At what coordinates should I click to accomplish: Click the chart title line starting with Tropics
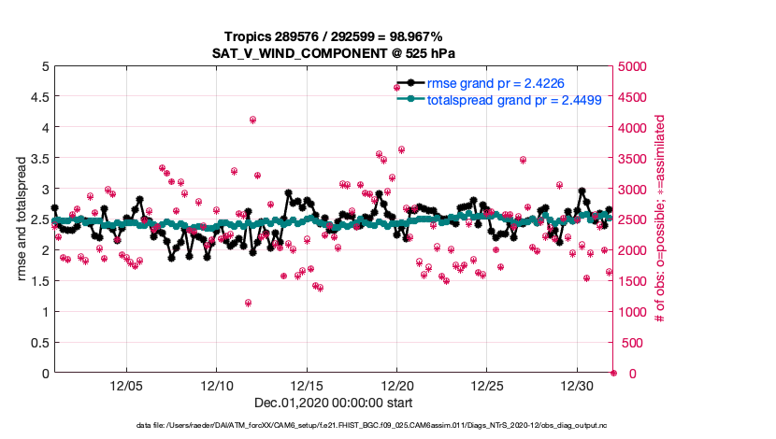(x=333, y=36)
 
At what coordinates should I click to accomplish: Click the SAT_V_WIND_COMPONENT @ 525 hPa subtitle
(x=333, y=53)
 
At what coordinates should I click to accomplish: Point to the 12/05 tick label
(x=126, y=386)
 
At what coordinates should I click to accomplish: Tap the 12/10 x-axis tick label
(x=217, y=386)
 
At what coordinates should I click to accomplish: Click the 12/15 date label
(x=307, y=386)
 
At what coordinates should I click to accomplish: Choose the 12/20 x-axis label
(x=397, y=386)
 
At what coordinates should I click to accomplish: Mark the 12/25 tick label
(x=487, y=386)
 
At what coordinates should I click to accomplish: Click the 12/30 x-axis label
(x=578, y=386)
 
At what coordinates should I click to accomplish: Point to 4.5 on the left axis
(x=37, y=97)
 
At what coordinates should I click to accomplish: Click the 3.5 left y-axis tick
(x=37, y=158)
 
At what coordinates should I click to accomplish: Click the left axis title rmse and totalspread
(x=21, y=219)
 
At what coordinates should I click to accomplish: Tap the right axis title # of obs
(x=660, y=219)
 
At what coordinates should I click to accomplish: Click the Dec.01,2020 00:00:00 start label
(x=334, y=403)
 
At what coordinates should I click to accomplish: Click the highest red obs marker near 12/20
(x=396, y=88)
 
